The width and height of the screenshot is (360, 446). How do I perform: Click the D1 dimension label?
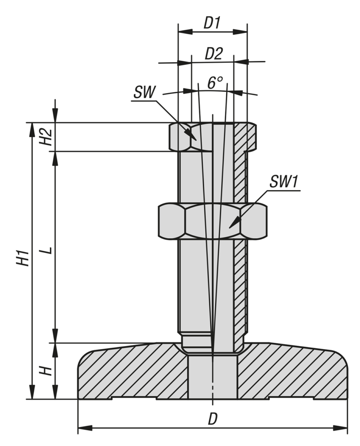(x=212, y=23)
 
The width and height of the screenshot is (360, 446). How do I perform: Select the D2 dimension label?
(x=214, y=54)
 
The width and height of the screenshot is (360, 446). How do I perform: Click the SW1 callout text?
(x=283, y=181)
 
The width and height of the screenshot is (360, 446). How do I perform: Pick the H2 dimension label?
(x=46, y=137)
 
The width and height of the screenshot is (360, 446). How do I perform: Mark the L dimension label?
(x=47, y=251)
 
